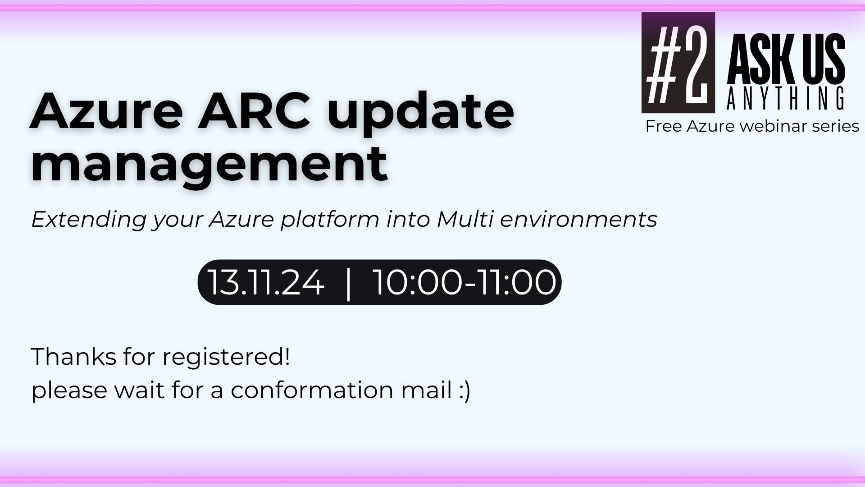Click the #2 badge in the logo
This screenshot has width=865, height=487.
click(678, 62)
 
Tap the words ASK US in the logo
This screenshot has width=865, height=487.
click(786, 59)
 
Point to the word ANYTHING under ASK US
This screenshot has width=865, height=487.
click(786, 99)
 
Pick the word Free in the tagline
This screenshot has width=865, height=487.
click(663, 126)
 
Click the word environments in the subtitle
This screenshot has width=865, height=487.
click(578, 220)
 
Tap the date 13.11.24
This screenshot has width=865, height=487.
click(266, 283)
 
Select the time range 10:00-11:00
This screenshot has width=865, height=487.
click(465, 283)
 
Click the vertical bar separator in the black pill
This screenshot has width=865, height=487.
click(348, 283)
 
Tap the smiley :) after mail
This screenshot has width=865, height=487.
click(465, 391)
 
